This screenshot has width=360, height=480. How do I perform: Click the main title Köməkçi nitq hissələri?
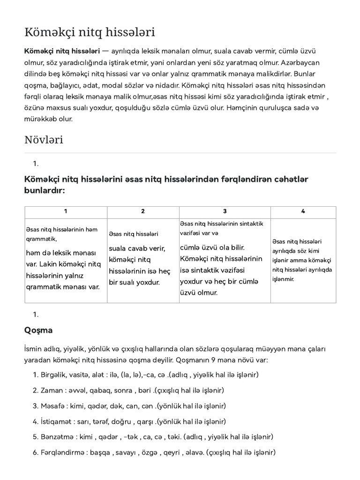(x=89, y=32)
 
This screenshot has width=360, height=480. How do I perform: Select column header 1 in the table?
(x=66, y=211)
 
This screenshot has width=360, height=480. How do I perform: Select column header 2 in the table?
(x=143, y=211)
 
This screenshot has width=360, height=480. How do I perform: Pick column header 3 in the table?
(x=225, y=211)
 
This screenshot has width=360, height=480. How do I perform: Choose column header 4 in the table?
(x=303, y=211)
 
